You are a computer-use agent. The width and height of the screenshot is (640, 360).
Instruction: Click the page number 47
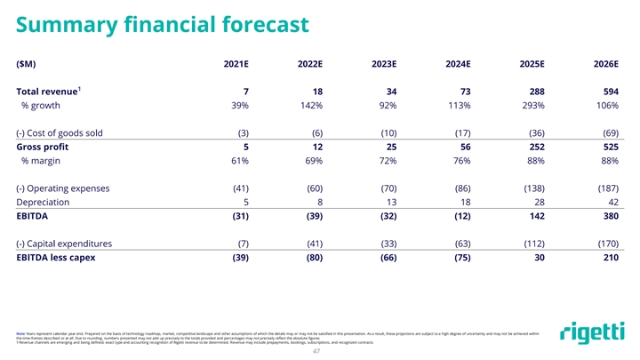tap(320, 351)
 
